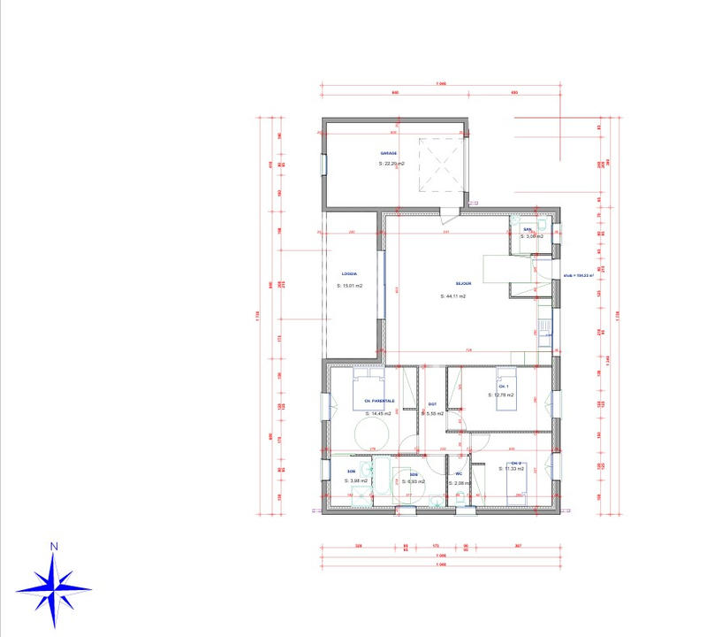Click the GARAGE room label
(389, 153)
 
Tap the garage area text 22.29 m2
(392, 164)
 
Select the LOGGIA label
(350, 275)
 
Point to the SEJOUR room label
(465, 284)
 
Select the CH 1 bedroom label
(505, 388)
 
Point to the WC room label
(459, 473)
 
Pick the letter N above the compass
(54, 547)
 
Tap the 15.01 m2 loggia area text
(352, 286)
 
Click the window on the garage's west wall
(324, 165)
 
